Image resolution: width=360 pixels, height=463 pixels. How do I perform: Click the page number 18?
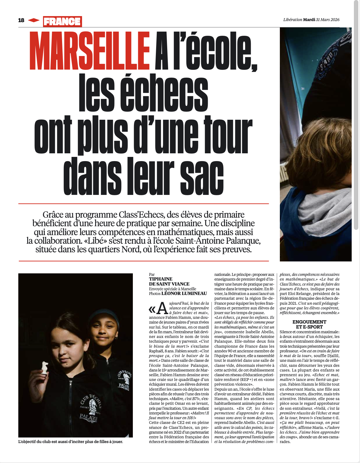tap(21, 20)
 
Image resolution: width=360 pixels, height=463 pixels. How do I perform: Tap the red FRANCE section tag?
tap(62, 21)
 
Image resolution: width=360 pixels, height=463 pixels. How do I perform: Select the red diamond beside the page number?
tap(34, 20)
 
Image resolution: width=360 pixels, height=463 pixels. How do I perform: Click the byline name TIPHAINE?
tap(161, 279)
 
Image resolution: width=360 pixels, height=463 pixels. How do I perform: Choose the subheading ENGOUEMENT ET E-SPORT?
tap(309, 324)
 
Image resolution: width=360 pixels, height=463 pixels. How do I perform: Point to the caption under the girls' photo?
tap(70, 441)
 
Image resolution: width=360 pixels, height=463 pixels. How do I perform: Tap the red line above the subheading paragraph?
tap(144, 204)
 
